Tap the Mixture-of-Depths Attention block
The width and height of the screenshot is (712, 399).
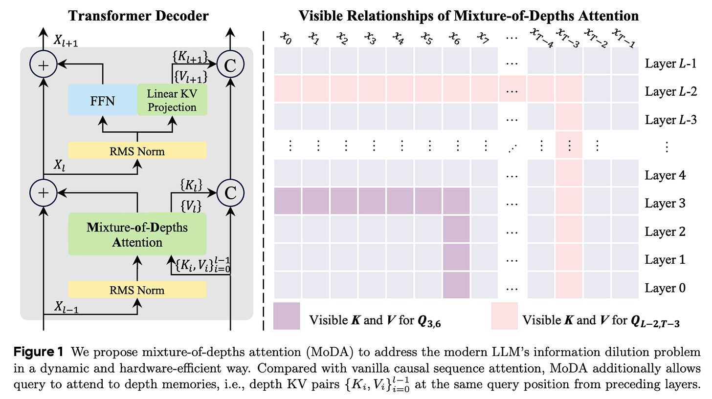(x=138, y=234)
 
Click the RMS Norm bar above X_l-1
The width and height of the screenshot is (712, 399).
(x=138, y=290)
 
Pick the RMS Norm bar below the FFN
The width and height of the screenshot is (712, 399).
(x=138, y=151)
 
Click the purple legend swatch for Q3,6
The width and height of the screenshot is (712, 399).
(x=287, y=316)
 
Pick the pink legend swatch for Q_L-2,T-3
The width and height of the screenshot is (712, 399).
(x=504, y=316)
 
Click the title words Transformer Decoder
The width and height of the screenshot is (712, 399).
(x=137, y=16)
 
